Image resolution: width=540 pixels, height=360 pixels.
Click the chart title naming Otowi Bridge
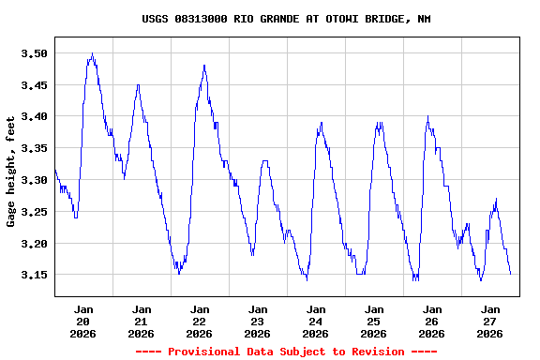286,19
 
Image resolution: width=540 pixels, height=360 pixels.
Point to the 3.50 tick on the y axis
34,53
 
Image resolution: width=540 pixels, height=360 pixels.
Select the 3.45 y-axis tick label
34,85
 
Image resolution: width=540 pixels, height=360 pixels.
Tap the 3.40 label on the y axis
34,117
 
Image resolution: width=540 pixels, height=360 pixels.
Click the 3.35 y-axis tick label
34,149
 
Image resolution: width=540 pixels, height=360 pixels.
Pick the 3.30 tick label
34,180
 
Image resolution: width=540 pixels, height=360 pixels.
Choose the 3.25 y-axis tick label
34,212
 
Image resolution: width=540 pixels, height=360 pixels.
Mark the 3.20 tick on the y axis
34,244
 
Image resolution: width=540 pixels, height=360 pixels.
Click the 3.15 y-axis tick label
34,276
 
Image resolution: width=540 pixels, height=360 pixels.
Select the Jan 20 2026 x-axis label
83,321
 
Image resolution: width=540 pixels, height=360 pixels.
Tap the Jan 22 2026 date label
200,321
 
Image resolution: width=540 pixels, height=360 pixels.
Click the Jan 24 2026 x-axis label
316,321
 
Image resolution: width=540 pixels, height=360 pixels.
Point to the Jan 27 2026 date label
490,321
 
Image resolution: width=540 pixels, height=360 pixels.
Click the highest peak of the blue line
92,54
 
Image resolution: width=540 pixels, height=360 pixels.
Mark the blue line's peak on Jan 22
204,66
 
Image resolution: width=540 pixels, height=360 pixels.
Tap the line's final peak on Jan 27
496,199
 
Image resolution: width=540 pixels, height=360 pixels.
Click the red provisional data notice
286,352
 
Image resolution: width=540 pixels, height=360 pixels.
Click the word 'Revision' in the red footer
374,352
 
